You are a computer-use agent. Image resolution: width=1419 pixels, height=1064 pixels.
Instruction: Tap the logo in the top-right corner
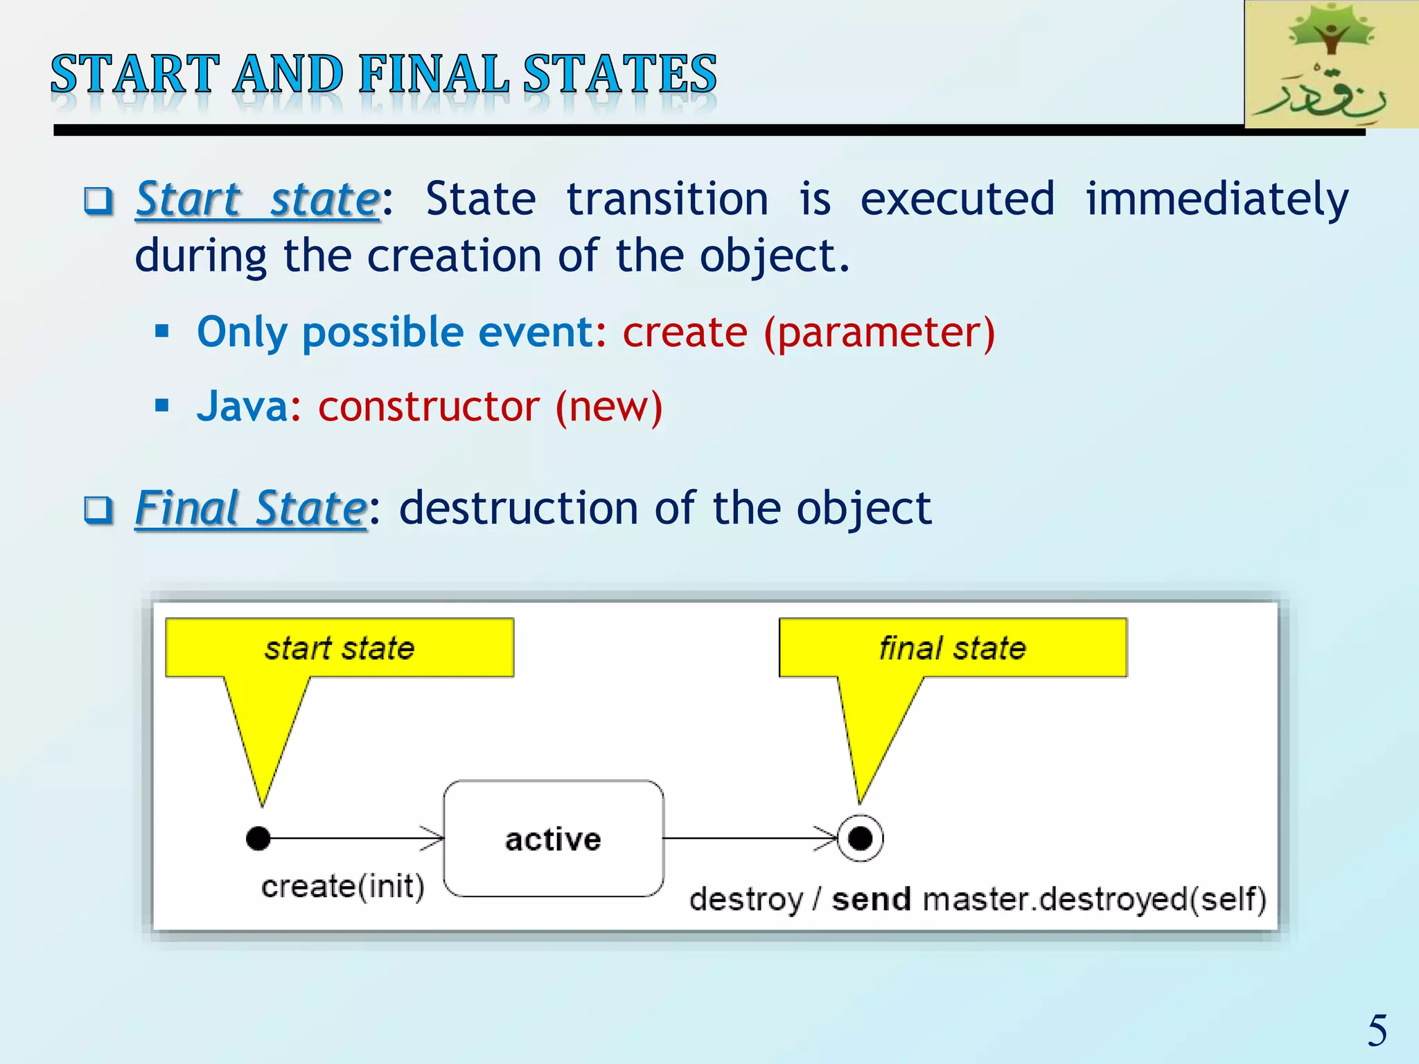tap(1330, 64)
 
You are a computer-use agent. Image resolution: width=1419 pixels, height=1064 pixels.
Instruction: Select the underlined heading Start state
tap(258, 199)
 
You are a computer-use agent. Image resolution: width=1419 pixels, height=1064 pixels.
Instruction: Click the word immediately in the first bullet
tap(1217, 199)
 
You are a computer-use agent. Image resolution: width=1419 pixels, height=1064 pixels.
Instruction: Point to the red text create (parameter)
tap(809, 332)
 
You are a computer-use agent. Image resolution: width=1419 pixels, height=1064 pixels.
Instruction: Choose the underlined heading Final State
tap(251, 508)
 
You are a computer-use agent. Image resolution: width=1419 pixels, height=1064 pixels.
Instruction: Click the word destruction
tap(518, 508)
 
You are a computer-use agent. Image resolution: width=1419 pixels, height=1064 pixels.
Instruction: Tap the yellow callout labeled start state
tap(340, 648)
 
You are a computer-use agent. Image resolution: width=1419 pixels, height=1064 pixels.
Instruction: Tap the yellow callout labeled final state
tap(953, 648)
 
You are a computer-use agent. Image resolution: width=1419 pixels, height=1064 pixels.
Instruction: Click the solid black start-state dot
tap(258, 838)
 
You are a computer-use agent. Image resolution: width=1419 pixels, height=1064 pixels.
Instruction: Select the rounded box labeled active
tap(553, 839)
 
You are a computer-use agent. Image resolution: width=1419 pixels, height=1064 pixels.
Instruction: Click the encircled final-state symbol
tap(860, 838)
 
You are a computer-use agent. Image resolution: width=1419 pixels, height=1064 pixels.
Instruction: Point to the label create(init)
tap(343, 887)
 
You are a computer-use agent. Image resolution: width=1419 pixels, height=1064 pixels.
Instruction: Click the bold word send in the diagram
tap(871, 900)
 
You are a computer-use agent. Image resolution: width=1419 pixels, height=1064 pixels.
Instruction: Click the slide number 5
tap(1377, 1031)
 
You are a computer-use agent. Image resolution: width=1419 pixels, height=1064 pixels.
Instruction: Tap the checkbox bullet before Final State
tap(98, 511)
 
